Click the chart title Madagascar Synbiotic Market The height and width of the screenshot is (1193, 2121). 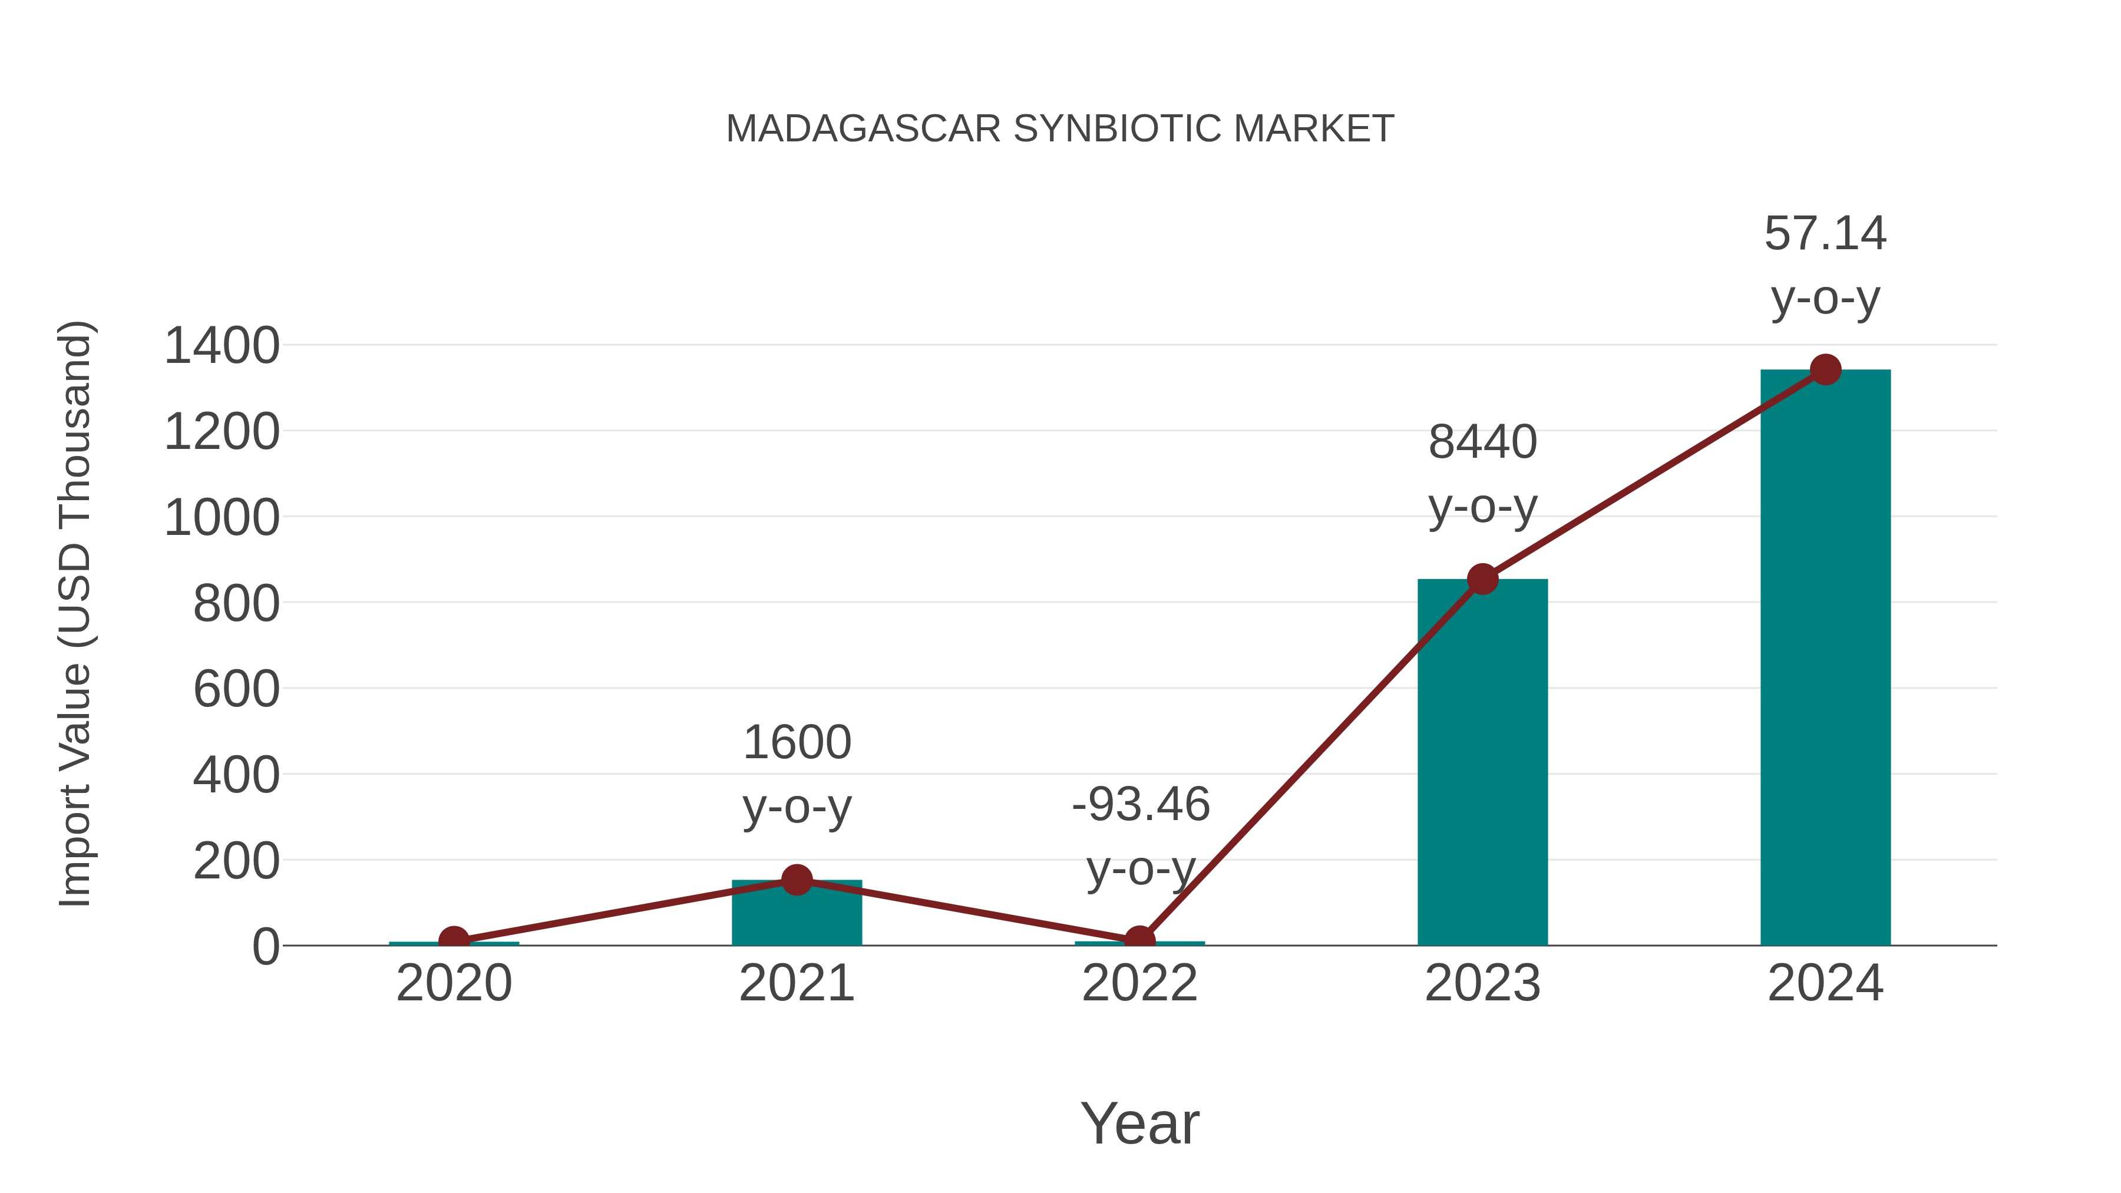tap(1060, 129)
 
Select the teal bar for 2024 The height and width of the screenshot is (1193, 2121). tap(1825, 659)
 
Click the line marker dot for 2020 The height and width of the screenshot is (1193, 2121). tap(454, 940)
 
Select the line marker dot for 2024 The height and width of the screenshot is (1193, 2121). tap(1825, 369)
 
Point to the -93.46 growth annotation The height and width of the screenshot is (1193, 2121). tap(1141, 835)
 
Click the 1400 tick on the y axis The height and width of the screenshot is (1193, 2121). tap(222, 346)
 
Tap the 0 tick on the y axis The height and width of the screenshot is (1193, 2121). tap(265, 947)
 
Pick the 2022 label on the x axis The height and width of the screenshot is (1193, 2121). tap(1139, 983)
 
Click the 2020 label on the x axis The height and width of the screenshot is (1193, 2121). tap(454, 983)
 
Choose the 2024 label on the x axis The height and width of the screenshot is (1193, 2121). tap(1825, 983)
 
